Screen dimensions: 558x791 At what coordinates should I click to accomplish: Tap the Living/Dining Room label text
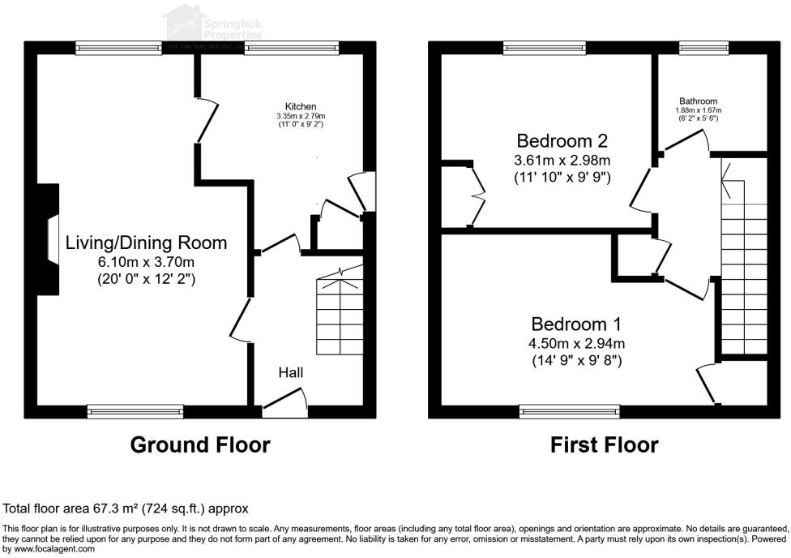click(146, 243)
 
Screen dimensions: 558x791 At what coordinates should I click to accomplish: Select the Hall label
click(291, 372)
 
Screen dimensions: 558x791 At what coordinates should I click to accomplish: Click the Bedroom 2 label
click(562, 139)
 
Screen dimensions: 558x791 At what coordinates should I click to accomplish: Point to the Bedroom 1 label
click(576, 324)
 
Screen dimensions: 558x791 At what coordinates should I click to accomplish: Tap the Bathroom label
click(698, 101)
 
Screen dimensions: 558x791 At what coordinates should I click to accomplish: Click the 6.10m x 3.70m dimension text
click(146, 262)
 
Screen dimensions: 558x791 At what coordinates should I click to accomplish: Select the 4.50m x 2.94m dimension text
click(576, 343)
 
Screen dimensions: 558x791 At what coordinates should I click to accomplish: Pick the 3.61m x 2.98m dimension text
click(562, 158)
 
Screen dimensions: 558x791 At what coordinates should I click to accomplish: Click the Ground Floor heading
click(200, 444)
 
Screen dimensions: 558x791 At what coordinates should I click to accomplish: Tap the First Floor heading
click(604, 444)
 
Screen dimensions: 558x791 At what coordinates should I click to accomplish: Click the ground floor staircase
click(339, 312)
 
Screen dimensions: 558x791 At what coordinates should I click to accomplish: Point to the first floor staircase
click(743, 268)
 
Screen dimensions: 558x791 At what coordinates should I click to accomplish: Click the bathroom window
click(692, 48)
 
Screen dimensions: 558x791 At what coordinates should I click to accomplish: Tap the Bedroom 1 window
click(570, 411)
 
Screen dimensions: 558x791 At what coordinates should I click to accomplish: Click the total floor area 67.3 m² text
click(126, 509)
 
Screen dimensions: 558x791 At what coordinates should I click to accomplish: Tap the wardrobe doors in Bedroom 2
click(477, 195)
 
